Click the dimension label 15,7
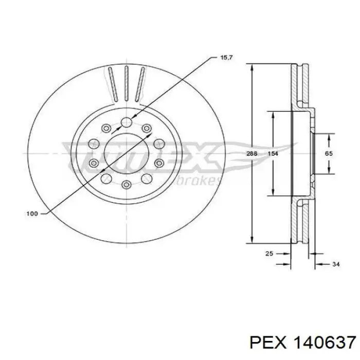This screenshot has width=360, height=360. (x=227, y=58)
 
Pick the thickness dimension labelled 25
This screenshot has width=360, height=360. (x=268, y=253)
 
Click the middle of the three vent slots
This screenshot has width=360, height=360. (x=125, y=84)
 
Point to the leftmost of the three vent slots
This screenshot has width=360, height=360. (x=112, y=85)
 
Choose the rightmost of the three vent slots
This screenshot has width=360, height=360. (x=139, y=85)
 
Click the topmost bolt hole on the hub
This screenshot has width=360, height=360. (x=126, y=122)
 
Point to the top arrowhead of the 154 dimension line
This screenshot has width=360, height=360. (x=272, y=116)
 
